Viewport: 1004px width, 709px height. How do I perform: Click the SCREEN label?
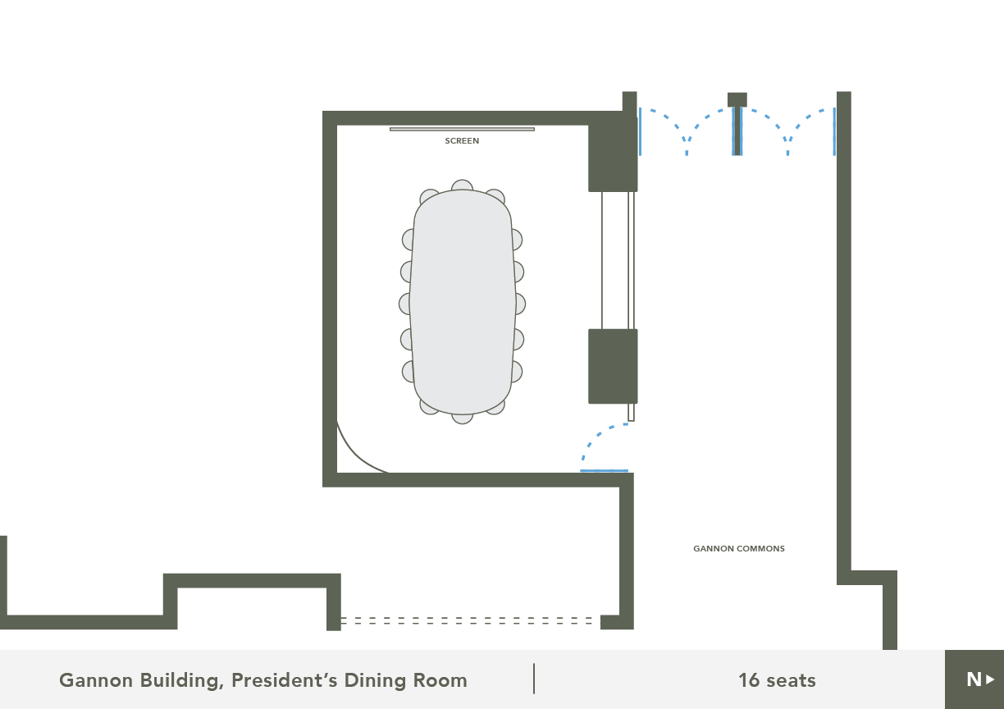(462, 141)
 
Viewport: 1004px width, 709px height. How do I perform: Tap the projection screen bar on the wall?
(462, 129)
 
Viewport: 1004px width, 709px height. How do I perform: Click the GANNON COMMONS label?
(739, 548)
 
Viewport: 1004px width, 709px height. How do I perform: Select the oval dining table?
(462, 302)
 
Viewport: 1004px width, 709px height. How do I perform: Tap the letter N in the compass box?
(974, 679)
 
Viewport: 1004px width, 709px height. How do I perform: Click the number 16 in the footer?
(749, 680)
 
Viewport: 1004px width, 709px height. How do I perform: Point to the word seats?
(791, 681)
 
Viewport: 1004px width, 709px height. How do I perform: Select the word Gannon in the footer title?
(96, 680)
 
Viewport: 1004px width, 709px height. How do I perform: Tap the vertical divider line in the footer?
(534, 679)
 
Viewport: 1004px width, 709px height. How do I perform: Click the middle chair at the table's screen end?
(462, 185)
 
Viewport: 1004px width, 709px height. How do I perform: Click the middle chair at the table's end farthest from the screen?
(462, 419)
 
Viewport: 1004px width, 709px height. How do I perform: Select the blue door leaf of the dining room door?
(604, 471)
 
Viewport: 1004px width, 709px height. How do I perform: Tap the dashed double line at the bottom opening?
(471, 620)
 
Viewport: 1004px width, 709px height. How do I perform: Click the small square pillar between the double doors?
(737, 99)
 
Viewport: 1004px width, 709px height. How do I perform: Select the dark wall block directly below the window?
(613, 366)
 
